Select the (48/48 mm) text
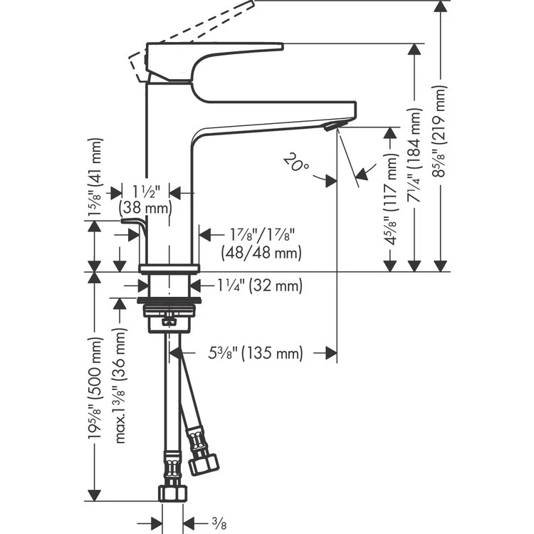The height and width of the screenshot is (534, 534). pos(261,251)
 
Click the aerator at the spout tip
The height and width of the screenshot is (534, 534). pos(333,126)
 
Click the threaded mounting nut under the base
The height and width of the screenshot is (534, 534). pos(169,311)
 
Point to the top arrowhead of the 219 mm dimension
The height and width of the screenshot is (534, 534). pos(441,7)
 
